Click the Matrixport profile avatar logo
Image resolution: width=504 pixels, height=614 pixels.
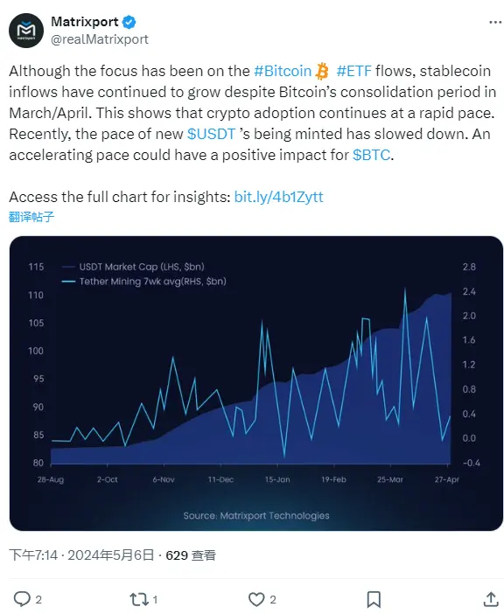point(27,31)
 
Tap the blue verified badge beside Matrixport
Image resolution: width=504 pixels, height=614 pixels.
point(129,23)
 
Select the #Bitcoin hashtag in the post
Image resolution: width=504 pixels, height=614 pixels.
point(282,72)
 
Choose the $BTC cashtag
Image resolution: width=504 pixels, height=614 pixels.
point(373,155)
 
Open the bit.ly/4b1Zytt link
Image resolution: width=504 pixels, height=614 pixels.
point(278,197)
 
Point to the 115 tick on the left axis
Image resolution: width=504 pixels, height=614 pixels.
point(35,267)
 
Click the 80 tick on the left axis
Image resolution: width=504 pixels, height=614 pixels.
point(38,463)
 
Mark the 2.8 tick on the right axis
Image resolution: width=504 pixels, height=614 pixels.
point(469,267)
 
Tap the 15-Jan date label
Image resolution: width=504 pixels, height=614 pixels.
point(276,480)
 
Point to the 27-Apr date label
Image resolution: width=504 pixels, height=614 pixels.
point(448,480)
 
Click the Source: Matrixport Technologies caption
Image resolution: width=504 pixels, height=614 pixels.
point(256,515)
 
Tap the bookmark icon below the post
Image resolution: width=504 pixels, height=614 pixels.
point(374,599)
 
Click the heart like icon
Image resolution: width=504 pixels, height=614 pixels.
point(256,599)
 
